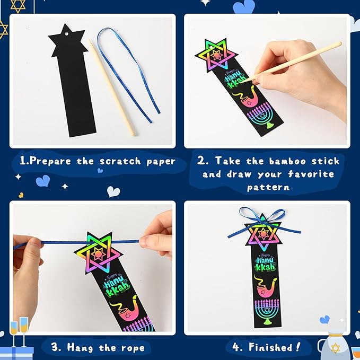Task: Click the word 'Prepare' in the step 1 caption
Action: (51, 161)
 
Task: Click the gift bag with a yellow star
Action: (334, 345)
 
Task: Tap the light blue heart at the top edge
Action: (244, 6)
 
